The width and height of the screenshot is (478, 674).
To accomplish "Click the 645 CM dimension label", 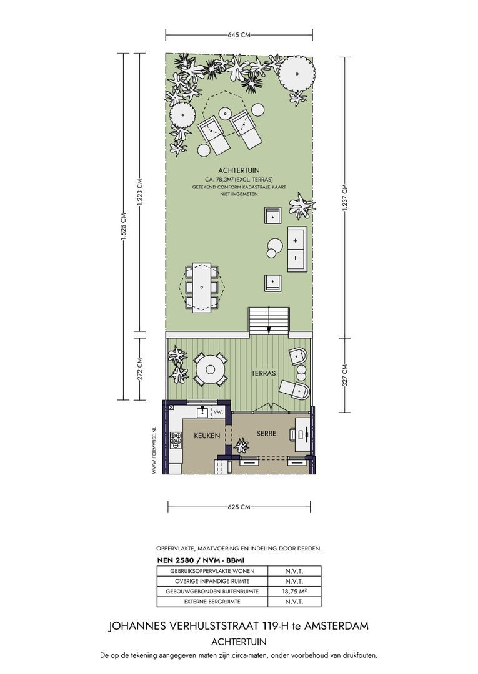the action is tap(239, 35).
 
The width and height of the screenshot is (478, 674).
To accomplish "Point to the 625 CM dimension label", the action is tap(239, 507).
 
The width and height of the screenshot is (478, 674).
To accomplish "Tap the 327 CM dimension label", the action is tap(345, 375).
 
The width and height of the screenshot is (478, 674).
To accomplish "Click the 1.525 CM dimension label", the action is tap(124, 227).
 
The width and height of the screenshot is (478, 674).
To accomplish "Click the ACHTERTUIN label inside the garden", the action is tap(239, 170).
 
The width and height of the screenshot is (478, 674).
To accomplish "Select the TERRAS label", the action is tap(263, 374).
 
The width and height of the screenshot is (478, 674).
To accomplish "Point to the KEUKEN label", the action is tap(207, 436).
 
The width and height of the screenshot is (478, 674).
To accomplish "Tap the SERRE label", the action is tap(266, 433).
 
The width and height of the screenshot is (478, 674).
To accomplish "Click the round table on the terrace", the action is tap(211, 369).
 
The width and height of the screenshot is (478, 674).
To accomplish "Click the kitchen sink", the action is tap(202, 413).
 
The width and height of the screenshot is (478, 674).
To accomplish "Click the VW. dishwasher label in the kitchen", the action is tap(218, 412).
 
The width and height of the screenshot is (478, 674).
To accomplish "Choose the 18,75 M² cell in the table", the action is tap(294, 591).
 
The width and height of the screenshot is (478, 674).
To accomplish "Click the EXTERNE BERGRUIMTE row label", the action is tap(212, 602).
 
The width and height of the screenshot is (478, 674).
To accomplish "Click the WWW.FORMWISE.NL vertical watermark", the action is tap(154, 450).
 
